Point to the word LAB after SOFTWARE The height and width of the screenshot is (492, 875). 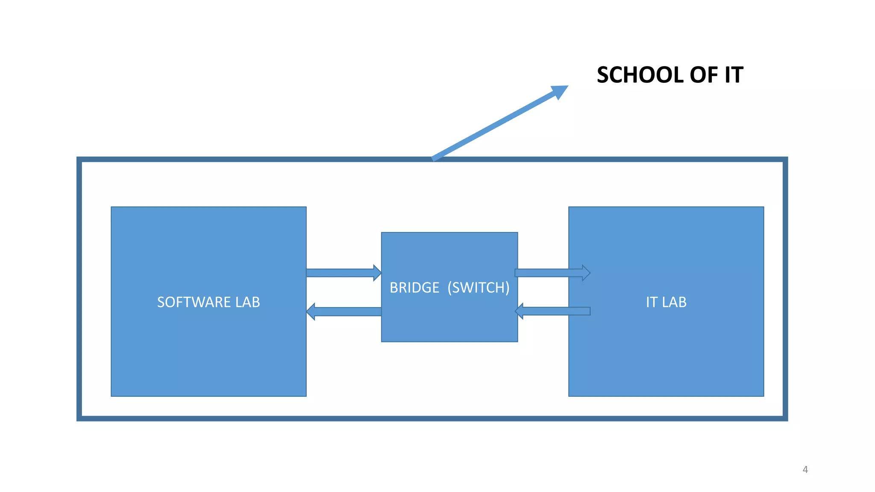(247, 302)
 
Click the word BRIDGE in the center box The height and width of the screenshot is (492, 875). (414, 288)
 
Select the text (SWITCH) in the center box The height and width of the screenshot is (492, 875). (479, 288)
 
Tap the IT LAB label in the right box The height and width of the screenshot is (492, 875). (666, 302)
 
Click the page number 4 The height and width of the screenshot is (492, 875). (805, 470)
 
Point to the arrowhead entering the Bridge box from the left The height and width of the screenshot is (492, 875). (377, 273)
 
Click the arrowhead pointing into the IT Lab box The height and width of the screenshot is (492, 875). (586, 273)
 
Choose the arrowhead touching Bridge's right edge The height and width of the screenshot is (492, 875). (519, 311)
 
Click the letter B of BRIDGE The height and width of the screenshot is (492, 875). (393, 288)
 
